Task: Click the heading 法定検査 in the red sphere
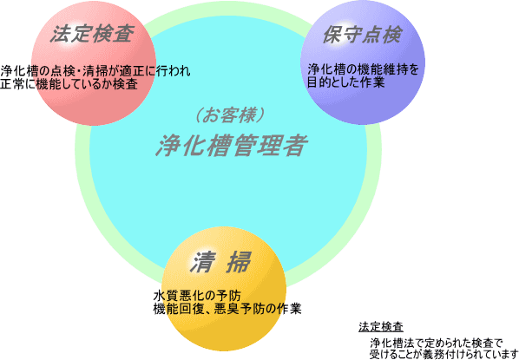pyautogui.click(x=92, y=34)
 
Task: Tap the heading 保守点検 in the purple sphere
pyautogui.click(x=363, y=34)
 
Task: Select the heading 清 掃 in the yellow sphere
pyautogui.click(x=220, y=263)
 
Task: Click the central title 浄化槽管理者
pyautogui.click(x=232, y=146)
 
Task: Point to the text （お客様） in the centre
pyautogui.click(x=229, y=116)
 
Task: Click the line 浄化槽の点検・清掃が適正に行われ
pyautogui.click(x=95, y=71)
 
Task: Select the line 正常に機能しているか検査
pyautogui.click(x=69, y=84)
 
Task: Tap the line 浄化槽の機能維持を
pyautogui.click(x=363, y=69)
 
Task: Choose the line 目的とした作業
pyautogui.click(x=346, y=82)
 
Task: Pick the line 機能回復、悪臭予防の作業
pyautogui.click(x=227, y=309)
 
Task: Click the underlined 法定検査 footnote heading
pyautogui.click(x=381, y=327)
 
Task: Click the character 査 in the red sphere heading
pyautogui.click(x=123, y=34)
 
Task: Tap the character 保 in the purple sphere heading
pyautogui.click(x=332, y=34)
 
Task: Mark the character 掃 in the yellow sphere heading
pyautogui.click(x=239, y=263)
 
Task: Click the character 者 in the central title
pyautogui.click(x=294, y=146)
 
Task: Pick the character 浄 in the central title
pyautogui.click(x=168, y=146)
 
